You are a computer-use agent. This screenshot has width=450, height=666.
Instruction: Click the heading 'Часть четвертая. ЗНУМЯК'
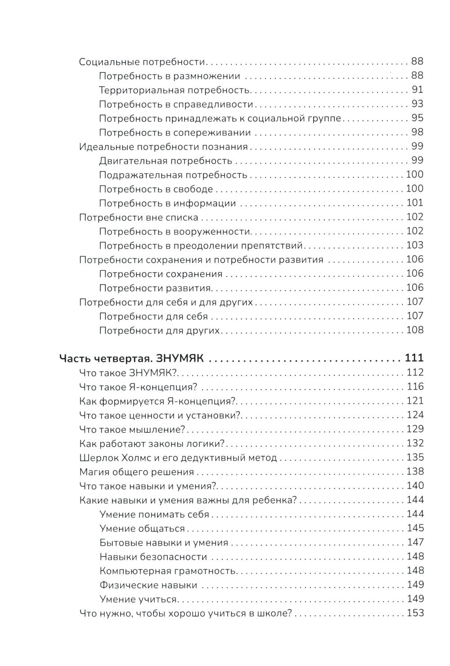point(132,359)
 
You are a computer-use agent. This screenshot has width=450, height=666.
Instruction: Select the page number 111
point(414,359)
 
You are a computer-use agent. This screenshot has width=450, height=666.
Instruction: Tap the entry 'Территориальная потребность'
point(174,90)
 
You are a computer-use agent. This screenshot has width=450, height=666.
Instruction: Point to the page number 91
point(418,90)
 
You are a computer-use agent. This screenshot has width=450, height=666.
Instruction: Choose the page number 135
point(415,458)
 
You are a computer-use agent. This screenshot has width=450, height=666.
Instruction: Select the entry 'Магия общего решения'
point(136,472)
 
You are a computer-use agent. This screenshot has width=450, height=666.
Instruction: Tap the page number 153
point(415,613)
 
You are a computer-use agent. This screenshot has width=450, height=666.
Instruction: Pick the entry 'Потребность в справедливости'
point(176,104)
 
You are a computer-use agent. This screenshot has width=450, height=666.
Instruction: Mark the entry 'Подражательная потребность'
point(173,175)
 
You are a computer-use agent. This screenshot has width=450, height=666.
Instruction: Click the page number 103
point(415,245)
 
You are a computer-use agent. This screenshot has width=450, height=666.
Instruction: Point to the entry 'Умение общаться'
point(142,529)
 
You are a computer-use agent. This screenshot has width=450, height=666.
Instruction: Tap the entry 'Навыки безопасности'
point(153,557)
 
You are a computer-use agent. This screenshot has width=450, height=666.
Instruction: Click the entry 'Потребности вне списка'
point(139,217)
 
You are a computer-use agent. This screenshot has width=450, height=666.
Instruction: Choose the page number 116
point(415,387)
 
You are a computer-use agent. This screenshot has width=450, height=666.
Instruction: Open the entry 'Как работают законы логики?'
point(152,444)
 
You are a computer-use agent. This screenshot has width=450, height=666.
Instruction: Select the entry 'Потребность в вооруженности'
point(174,231)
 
